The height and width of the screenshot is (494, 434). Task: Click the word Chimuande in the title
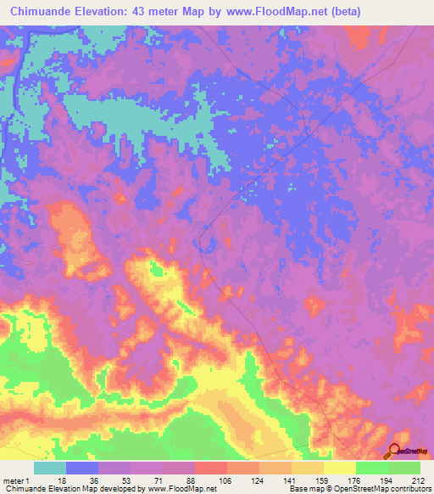pos(42,11)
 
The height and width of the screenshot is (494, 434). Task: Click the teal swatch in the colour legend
pos(50,468)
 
